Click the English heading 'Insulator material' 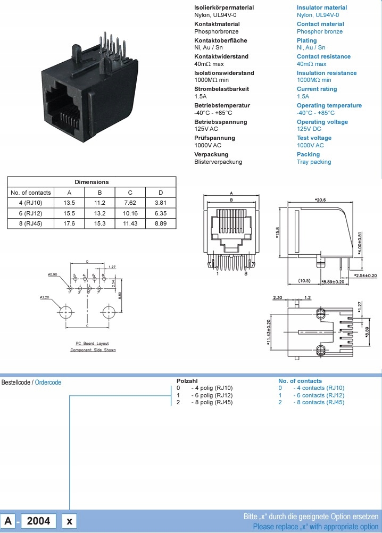coord(321,7)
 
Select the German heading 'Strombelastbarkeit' coord(221,89)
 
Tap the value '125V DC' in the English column coord(309,129)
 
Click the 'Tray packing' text coord(314,162)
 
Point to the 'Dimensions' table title coord(92,182)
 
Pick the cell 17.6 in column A coord(69,223)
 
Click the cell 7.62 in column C coord(130,203)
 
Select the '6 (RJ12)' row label coord(30,213)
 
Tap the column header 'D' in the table coord(160,193)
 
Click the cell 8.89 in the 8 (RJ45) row coord(160,223)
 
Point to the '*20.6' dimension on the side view coord(320,199)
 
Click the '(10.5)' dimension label coord(304,280)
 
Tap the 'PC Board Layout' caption coord(93,344)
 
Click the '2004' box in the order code coord(38,520)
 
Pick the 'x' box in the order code coord(69,521)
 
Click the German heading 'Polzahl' coord(187,381)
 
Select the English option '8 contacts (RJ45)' coord(319,402)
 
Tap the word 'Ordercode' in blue coord(48,382)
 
